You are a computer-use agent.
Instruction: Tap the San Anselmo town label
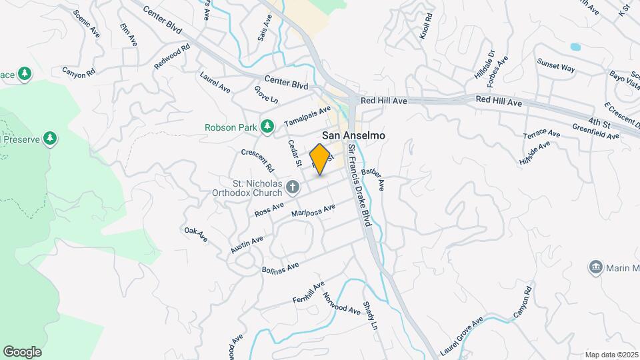coord(353,134)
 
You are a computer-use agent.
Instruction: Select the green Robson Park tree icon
coord(267,126)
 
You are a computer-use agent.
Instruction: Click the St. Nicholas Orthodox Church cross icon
coord(292,188)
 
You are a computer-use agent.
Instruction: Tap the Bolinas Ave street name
coord(280,267)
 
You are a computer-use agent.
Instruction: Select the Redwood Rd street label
coord(172,57)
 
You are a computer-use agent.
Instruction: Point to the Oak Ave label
coord(196,234)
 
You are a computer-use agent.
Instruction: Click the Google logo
coord(22,351)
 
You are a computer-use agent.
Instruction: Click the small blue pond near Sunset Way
coord(575,47)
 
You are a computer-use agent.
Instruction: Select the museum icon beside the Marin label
coord(595,268)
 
